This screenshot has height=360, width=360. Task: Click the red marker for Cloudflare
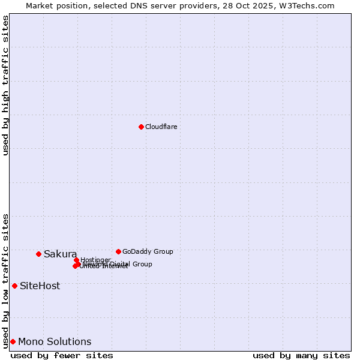click(141, 127)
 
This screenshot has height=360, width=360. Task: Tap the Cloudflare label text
click(161, 127)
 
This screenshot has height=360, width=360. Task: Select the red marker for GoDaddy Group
click(118, 251)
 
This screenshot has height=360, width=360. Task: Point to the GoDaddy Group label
click(148, 251)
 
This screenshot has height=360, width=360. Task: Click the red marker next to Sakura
click(38, 254)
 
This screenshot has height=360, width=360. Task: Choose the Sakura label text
click(60, 254)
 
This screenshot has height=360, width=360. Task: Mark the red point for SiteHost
click(14, 286)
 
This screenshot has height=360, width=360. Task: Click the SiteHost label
click(40, 286)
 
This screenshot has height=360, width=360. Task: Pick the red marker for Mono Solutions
click(13, 341)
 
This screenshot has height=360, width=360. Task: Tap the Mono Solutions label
click(55, 341)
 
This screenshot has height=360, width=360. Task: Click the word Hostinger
click(95, 260)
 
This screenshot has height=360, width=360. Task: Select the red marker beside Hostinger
click(76, 260)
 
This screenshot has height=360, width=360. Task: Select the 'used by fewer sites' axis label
click(62, 355)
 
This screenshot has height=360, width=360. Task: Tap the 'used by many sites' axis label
click(301, 355)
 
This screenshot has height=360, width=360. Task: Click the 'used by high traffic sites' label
click(5, 85)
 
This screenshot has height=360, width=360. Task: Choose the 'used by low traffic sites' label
click(5, 280)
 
